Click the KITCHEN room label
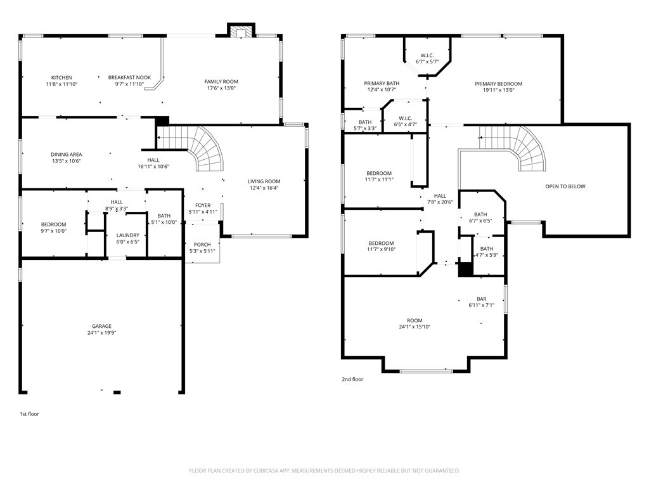[x=61, y=77]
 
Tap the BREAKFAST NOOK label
[x=129, y=77]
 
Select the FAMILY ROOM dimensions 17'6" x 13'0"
[x=221, y=88]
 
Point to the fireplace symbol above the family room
[x=241, y=32]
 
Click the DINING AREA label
[x=67, y=154]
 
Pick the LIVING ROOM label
[x=264, y=181]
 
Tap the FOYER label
[x=203, y=205]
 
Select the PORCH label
[x=202, y=245]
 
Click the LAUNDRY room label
[x=127, y=235]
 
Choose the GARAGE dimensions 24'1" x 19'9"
[x=102, y=333]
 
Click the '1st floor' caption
[x=29, y=414]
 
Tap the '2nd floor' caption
[x=353, y=379]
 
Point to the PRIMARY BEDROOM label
[x=499, y=84]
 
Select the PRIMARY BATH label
[x=382, y=83]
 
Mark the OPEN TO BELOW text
[x=565, y=186]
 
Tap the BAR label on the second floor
[x=482, y=299]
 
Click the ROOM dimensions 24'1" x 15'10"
[x=414, y=327]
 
